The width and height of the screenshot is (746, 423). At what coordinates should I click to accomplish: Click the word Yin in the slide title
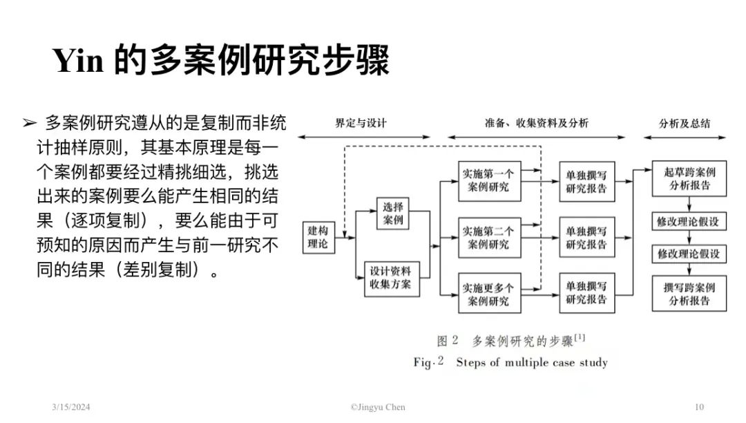(x=78, y=60)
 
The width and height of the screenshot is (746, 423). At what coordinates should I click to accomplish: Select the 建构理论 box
(x=318, y=237)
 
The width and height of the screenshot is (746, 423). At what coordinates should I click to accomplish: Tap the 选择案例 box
(x=392, y=214)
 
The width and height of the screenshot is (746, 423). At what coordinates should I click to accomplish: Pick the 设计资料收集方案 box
(x=392, y=279)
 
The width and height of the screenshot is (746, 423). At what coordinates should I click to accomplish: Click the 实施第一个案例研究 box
(x=490, y=181)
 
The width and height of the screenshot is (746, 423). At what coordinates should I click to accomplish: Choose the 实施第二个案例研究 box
(x=490, y=238)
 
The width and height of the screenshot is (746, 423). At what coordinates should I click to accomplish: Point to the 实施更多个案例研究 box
(x=490, y=293)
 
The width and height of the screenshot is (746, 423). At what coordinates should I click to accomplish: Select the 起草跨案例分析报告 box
(x=689, y=178)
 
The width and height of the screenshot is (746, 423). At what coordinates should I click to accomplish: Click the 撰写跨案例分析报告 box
(x=689, y=294)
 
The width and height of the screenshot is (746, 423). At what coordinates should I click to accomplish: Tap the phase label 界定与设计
(x=361, y=123)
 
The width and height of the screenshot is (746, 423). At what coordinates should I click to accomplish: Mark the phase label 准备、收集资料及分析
(x=536, y=123)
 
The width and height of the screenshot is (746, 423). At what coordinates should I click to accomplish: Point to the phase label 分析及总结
(x=684, y=124)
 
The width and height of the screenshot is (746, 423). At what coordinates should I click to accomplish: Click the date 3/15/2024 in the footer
(x=71, y=407)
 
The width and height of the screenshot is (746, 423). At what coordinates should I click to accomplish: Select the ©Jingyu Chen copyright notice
(x=378, y=407)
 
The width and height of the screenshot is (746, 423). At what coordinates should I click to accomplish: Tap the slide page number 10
(x=699, y=407)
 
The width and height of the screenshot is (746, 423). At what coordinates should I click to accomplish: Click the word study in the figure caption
(x=593, y=363)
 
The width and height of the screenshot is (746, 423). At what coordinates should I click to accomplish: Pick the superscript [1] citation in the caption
(x=580, y=337)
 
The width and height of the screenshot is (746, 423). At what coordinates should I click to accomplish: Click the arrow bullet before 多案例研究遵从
(x=30, y=123)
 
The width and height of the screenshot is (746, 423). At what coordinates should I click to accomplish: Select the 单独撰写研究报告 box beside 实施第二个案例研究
(x=587, y=238)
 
